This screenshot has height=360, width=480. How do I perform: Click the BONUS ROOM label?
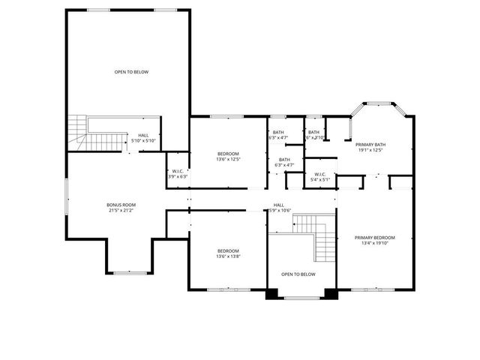point(120,205)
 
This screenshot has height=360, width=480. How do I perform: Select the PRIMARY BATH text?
point(370,144)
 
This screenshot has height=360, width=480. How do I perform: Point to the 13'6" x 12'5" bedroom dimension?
point(228,158)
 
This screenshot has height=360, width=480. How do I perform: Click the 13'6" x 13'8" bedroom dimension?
point(228,256)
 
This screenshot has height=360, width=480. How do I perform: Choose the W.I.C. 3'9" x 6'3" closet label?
point(178,173)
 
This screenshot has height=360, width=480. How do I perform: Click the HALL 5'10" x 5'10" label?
point(142,138)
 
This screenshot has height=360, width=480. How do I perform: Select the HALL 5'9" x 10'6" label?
point(278,207)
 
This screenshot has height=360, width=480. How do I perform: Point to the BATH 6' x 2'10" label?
point(313,135)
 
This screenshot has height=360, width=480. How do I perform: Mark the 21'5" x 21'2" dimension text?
point(120,210)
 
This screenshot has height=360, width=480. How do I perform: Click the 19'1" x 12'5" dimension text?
point(370,150)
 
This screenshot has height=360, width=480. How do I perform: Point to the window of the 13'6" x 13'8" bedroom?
point(227,289)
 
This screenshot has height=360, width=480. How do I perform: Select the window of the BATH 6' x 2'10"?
point(313,116)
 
